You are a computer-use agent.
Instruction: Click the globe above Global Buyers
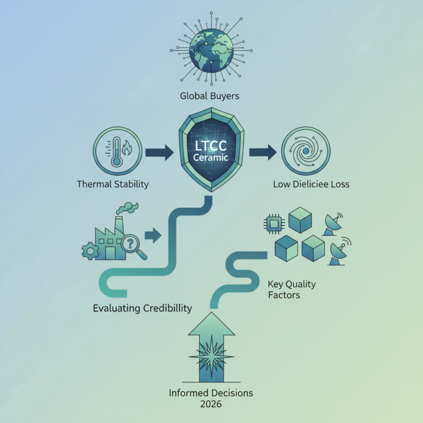coord(211,51)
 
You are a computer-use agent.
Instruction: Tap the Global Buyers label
coord(209,96)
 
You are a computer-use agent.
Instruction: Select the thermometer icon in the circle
coord(116,152)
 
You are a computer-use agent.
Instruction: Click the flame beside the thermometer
coord(127,149)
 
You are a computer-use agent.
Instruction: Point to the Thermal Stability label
coord(113,184)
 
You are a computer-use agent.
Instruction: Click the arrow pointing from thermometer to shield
coord(160,152)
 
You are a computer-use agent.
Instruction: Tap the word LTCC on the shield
coord(210,146)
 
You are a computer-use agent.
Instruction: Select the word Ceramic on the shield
coord(210,157)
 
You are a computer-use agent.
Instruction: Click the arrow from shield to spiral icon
coord(263,152)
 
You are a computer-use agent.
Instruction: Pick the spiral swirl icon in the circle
coord(306,151)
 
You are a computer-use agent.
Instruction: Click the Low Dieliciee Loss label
coord(311,184)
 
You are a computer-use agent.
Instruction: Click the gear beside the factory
coord(90,251)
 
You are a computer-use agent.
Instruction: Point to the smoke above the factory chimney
coord(127,208)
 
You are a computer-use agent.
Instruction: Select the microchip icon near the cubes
coord(274,224)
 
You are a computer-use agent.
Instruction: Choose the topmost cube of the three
coord(300,220)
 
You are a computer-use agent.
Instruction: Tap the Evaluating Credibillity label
coord(142,308)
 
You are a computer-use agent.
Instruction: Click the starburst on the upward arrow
coord(211,356)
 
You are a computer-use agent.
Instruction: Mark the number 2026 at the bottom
coord(211,404)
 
